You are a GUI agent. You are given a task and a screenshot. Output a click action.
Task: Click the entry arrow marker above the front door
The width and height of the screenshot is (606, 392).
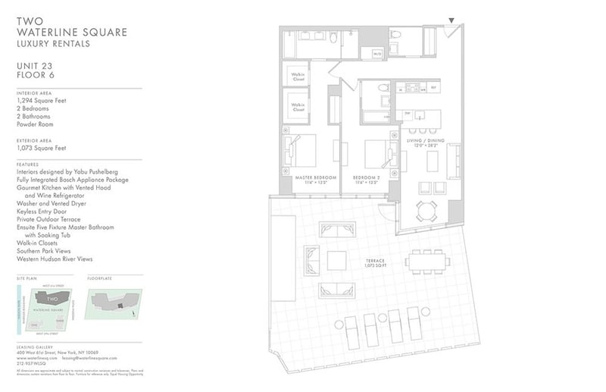pyautogui.click(x=452, y=20)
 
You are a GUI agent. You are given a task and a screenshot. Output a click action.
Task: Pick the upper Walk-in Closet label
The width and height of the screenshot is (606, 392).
pyautogui.click(x=295, y=75)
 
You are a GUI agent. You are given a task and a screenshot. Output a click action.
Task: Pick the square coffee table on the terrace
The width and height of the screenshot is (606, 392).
pyautogui.click(x=337, y=260)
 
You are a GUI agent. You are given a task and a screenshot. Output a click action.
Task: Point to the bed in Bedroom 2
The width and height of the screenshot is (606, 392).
pyautogui.click(x=376, y=155)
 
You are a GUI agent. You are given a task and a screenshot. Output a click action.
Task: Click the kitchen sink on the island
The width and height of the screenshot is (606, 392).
pyautogui.click(x=407, y=114)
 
